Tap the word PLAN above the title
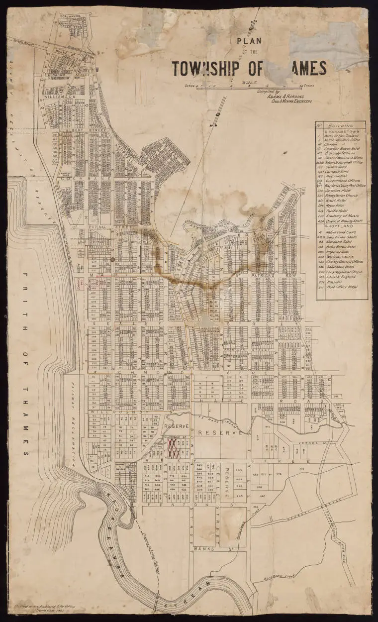[x=250, y=43]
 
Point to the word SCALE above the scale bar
[x=249, y=82]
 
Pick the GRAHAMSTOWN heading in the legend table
[x=341, y=132]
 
